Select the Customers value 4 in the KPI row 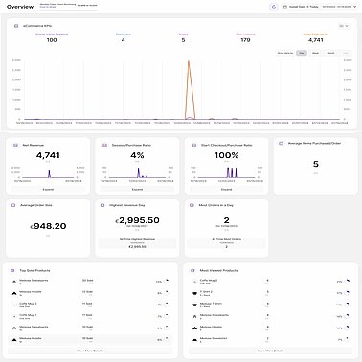(122, 39)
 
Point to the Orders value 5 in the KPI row (183, 39)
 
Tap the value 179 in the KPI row (245, 39)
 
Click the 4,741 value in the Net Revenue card (48, 154)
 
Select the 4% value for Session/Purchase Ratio (137, 154)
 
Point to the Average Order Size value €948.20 (48, 226)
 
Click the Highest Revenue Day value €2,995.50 (137, 220)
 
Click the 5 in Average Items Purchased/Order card (316, 163)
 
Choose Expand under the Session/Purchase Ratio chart (137, 190)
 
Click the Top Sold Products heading (42, 271)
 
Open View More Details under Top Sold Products (91, 352)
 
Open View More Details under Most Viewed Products (271, 352)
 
